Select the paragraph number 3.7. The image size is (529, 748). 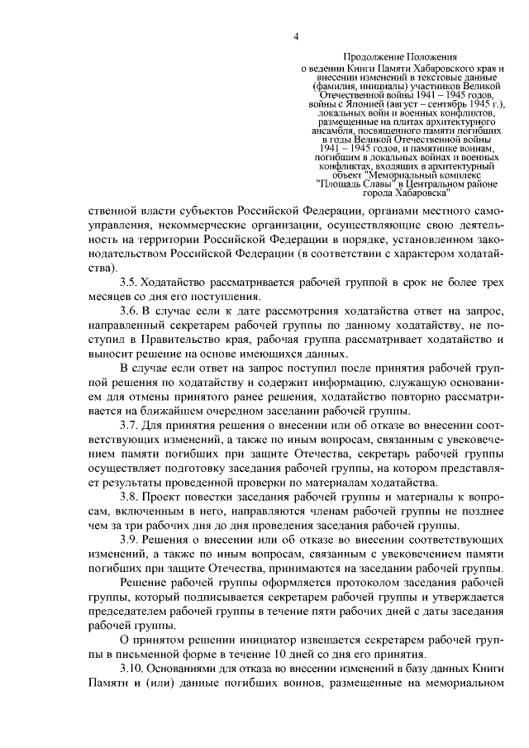point(129,425)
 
